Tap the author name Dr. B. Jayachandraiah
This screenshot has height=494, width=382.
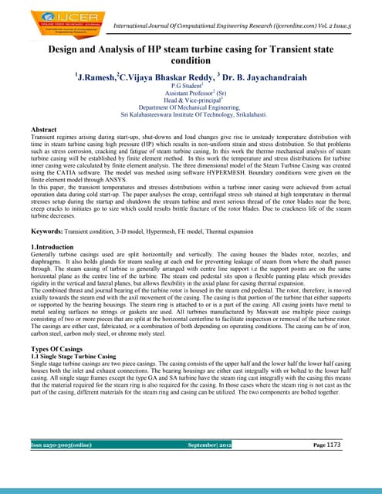coord(265,78)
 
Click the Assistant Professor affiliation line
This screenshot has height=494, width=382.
coord(190,96)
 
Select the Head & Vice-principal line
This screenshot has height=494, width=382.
coord(190,103)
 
